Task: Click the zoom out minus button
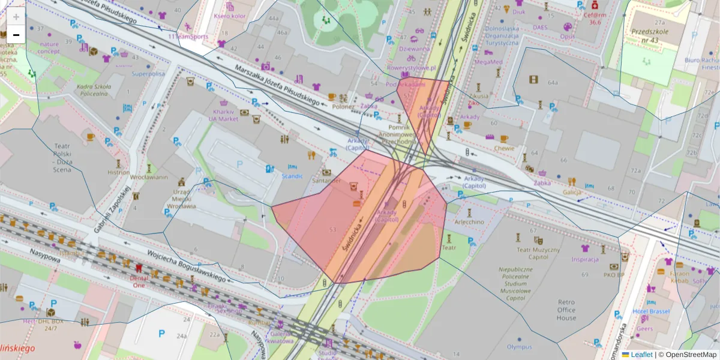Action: point(16,35)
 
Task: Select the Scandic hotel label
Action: point(292,176)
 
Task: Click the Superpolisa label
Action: point(148,74)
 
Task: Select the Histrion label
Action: point(118,172)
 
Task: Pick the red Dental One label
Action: point(138,282)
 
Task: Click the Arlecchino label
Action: point(469,221)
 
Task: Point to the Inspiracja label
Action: point(585,259)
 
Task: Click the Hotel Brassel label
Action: point(651,311)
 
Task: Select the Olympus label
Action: point(519,346)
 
